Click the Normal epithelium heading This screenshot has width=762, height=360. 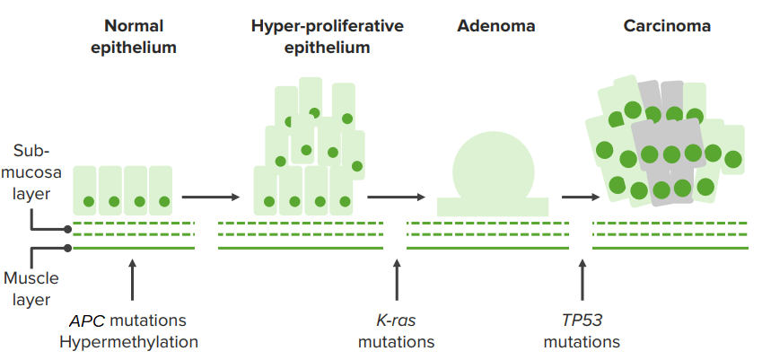134,37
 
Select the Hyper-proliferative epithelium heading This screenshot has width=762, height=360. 328,37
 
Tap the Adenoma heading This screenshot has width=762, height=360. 496,26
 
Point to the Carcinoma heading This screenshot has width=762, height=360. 667,26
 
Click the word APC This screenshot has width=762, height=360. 88,320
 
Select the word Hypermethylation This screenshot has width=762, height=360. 128,342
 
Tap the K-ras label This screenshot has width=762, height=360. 397,320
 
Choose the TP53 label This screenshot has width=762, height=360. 582,320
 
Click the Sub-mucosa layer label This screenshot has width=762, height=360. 31,172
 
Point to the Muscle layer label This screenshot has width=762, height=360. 31,288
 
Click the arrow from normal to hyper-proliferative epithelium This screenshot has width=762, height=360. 211,197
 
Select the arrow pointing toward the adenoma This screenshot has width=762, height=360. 397,197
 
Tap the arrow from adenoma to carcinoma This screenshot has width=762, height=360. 581,197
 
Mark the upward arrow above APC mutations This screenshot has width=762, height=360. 132,281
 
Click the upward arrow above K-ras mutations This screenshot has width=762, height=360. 397,281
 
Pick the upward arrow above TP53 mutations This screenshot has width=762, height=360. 582,281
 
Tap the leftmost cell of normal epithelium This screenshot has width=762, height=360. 85,190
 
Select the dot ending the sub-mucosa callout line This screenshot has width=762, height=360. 67,229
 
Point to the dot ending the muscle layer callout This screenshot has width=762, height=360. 67,249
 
